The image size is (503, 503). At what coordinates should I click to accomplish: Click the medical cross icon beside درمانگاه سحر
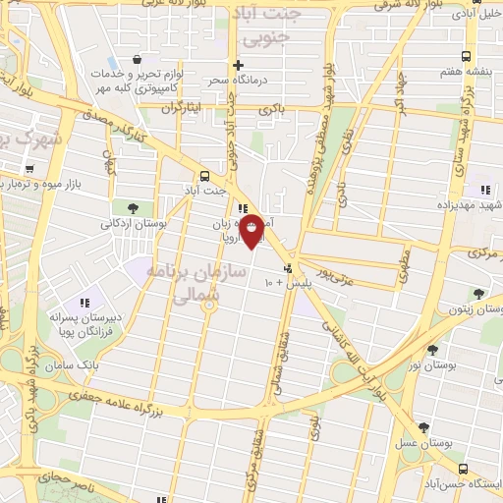[x=238, y=66]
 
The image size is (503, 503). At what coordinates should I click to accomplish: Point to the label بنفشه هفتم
[x=466, y=73]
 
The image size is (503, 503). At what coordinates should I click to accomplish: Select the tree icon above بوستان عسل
[x=423, y=427]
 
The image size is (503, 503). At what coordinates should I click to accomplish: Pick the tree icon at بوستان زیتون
[x=478, y=293]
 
